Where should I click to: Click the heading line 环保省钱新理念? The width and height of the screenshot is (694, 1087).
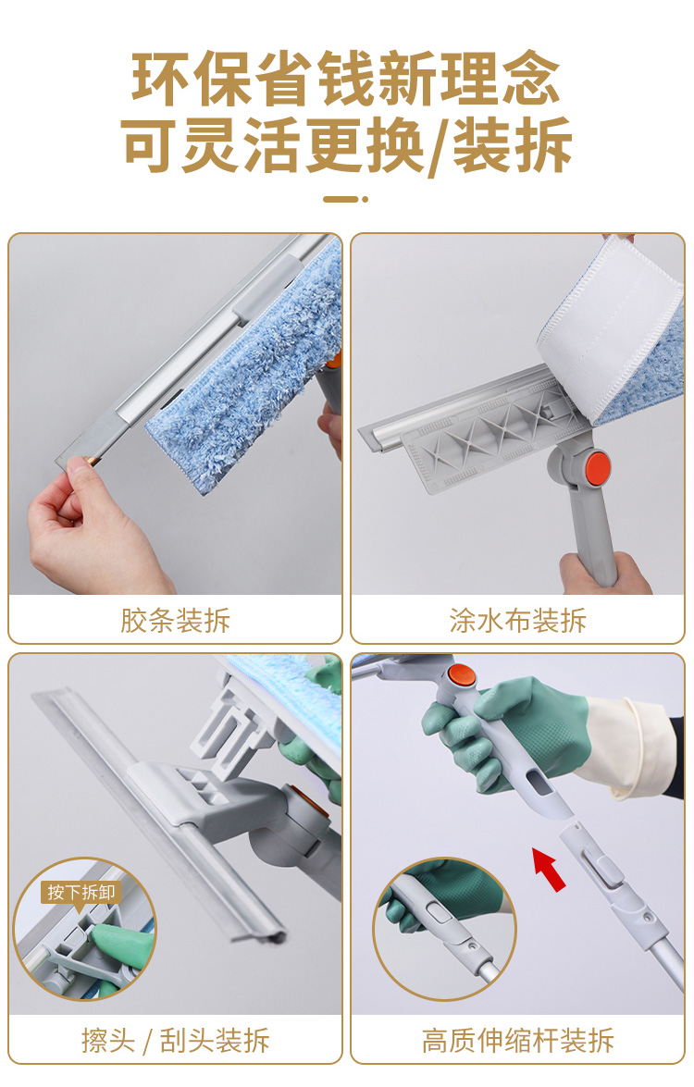coord(346,79)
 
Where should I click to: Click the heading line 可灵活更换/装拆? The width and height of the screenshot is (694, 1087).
coord(347,145)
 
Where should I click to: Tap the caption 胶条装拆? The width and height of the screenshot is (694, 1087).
coord(176,620)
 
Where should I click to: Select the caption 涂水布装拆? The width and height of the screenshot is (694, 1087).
coord(518,620)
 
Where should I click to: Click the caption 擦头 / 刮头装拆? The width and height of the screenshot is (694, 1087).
coord(176,1040)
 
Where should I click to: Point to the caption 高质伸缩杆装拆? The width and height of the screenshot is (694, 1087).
coord(518,1040)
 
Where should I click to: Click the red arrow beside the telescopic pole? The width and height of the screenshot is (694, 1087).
coord(549,869)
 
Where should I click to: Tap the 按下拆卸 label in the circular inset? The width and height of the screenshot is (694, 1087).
coord(81,892)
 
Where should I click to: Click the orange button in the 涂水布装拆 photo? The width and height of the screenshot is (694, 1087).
coord(596,466)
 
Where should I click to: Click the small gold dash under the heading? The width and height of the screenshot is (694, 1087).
coord(345,199)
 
